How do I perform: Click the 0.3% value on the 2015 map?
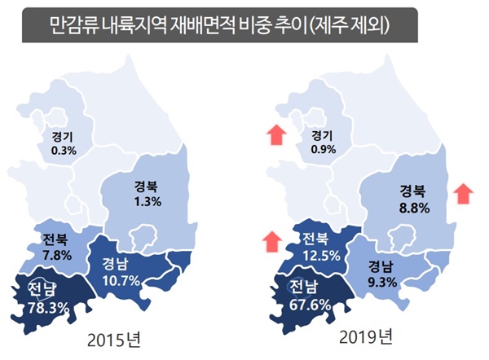[64, 151]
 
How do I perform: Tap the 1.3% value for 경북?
[148, 200]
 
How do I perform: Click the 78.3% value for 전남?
[41, 307]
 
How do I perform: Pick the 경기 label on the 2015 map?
[64, 137]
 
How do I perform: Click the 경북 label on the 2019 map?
[412, 191]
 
